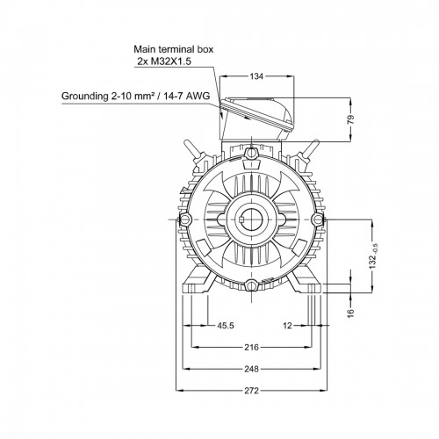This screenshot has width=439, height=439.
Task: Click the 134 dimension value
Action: point(256,76)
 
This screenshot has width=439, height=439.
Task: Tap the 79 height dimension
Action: point(351,119)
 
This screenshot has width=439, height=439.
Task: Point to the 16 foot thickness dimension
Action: point(351,313)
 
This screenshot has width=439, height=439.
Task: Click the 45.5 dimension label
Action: point(226,326)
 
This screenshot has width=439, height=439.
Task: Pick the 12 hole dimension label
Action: point(287,326)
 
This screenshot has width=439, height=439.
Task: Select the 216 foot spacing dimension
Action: point(252,348)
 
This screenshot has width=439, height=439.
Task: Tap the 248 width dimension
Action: point(252,369)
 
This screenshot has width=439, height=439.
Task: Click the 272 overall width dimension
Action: point(252,391)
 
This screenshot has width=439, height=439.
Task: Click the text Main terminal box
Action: point(174,49)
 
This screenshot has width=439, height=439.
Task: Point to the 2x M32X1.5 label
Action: point(164,61)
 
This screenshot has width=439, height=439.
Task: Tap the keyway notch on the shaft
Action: point(241,219)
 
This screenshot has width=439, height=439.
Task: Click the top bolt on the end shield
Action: point(252,153)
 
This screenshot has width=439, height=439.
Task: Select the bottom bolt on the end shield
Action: point(252,284)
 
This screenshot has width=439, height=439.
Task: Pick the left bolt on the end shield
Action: point(185,219)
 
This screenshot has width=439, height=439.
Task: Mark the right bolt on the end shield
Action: point(318,219)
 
